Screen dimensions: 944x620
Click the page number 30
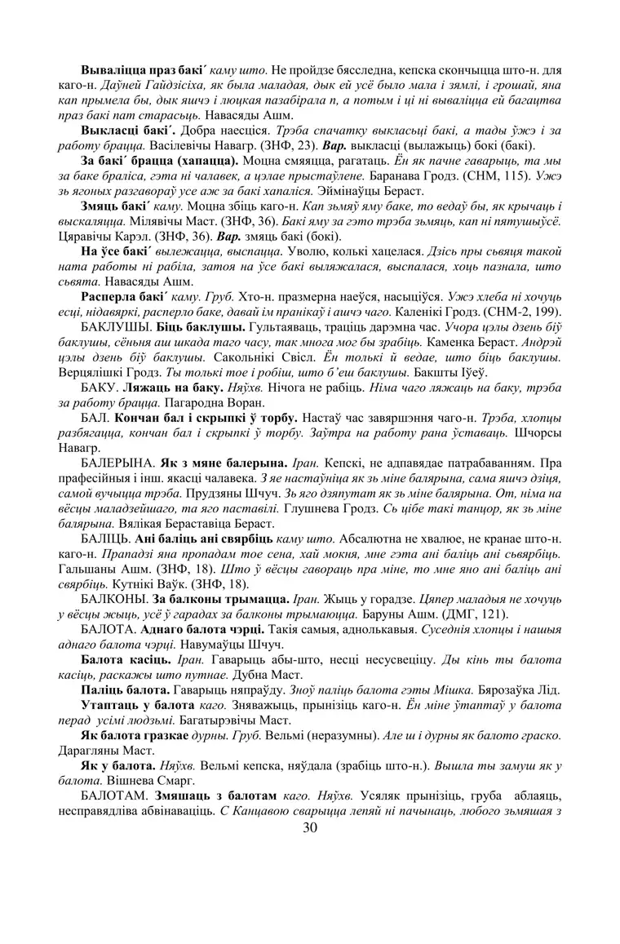[310, 828]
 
